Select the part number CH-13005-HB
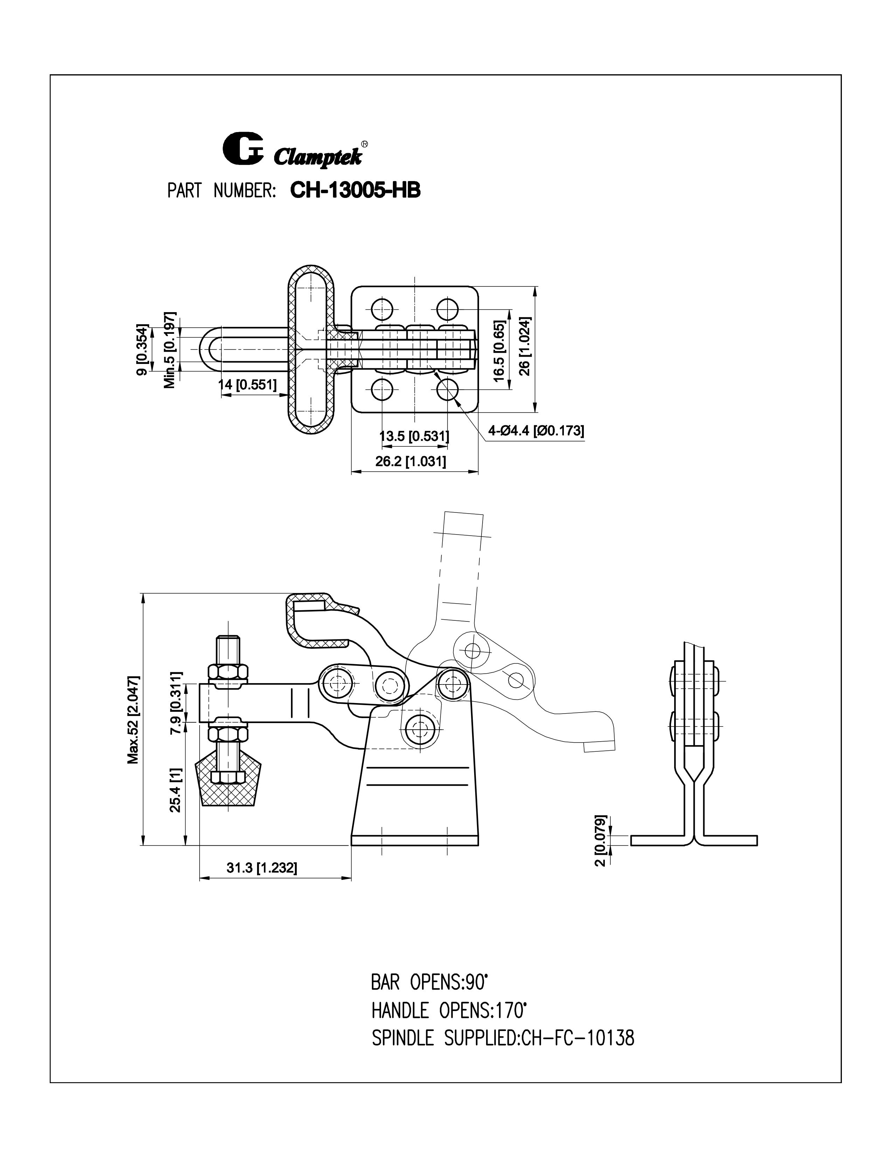pyautogui.click(x=355, y=191)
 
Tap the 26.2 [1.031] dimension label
pyautogui.click(x=410, y=462)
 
